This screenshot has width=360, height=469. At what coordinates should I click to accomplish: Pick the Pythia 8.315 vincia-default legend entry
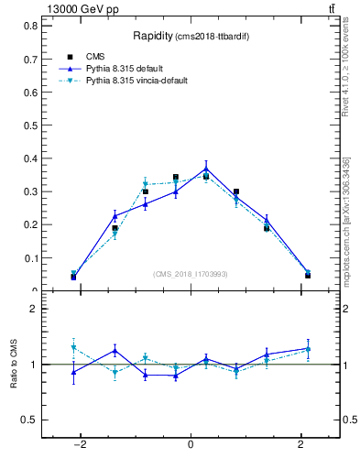tap(137, 81)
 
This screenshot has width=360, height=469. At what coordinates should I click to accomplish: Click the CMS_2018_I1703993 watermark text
tap(190, 274)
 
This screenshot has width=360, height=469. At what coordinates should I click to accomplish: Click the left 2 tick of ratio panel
tap(34, 310)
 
